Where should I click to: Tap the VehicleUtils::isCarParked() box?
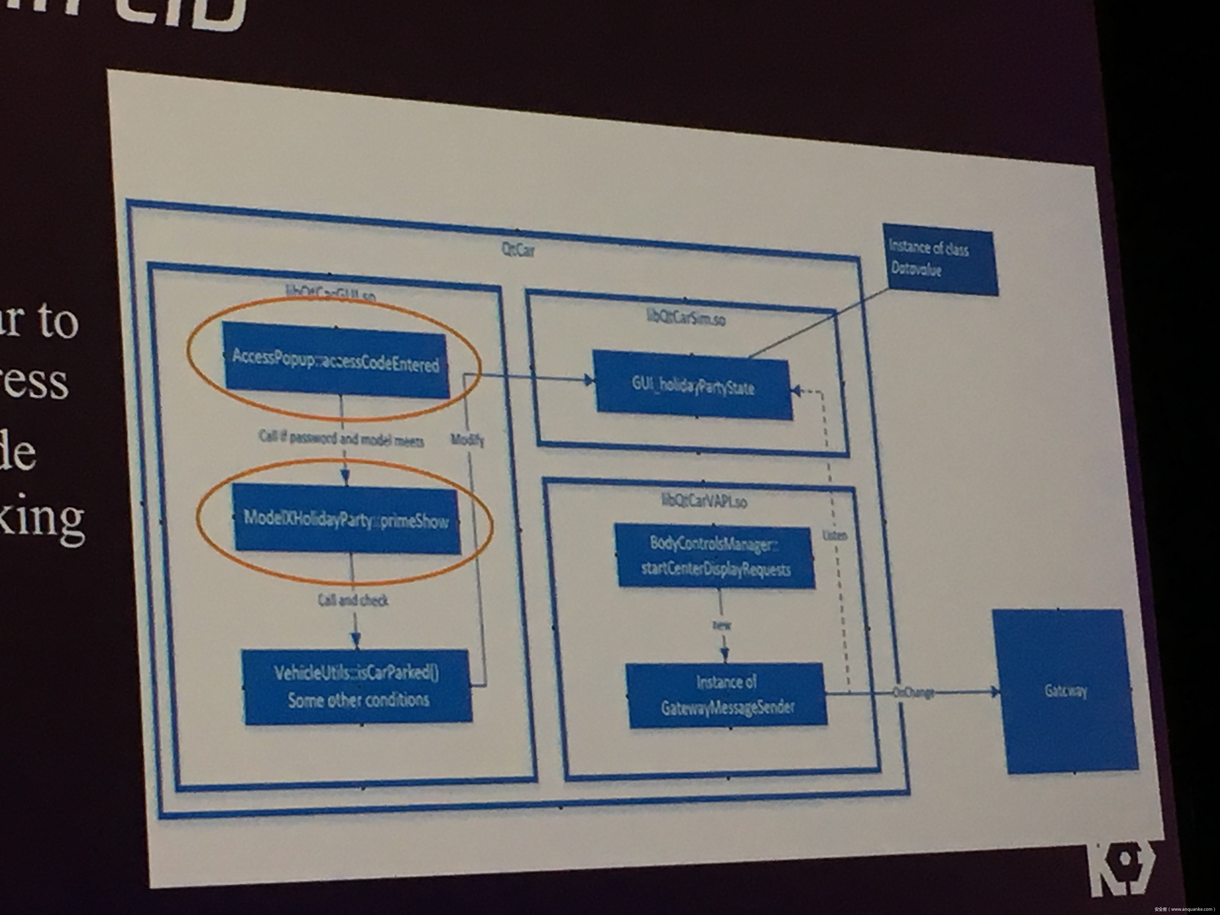[357, 687]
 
